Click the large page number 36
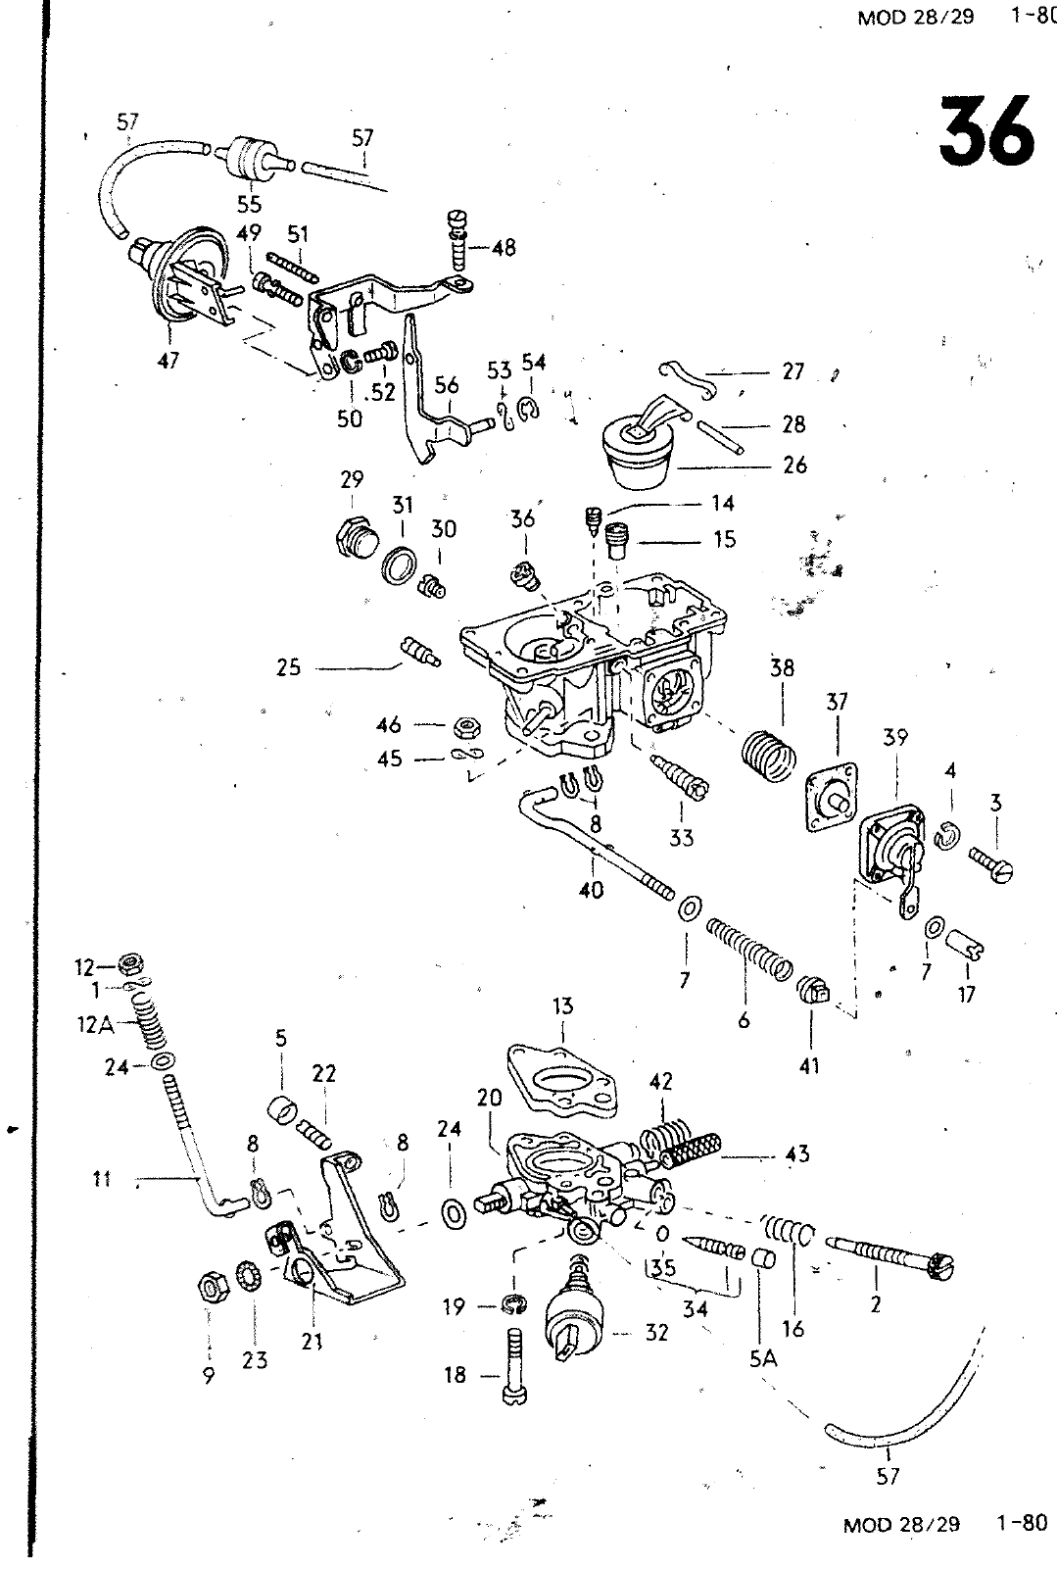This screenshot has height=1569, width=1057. point(986,130)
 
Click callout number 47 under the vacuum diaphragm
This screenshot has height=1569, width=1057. point(168,361)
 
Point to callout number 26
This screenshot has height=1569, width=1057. point(794,465)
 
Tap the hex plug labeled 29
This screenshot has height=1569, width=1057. point(351,537)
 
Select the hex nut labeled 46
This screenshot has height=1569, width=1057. point(466,726)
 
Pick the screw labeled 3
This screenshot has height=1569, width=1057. point(992,862)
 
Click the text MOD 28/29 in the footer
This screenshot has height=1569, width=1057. point(900,1524)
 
